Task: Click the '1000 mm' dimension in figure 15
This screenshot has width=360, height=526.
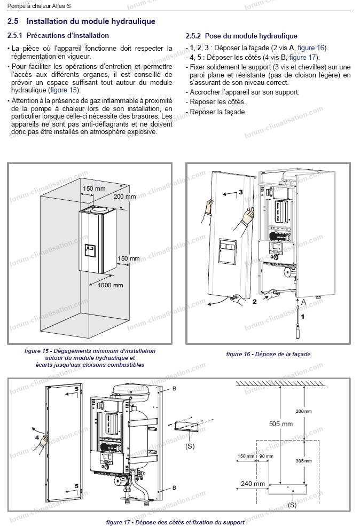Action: (111, 285)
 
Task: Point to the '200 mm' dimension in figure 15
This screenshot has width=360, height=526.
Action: (125, 197)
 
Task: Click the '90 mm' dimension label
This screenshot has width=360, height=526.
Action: (266, 456)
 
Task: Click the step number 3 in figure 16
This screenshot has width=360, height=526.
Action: (241, 191)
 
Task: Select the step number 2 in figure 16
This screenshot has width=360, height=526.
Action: (255, 302)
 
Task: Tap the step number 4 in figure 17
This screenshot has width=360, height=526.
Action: (37, 436)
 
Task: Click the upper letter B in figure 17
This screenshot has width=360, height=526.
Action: (174, 389)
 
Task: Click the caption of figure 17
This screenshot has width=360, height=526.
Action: (175, 522)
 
